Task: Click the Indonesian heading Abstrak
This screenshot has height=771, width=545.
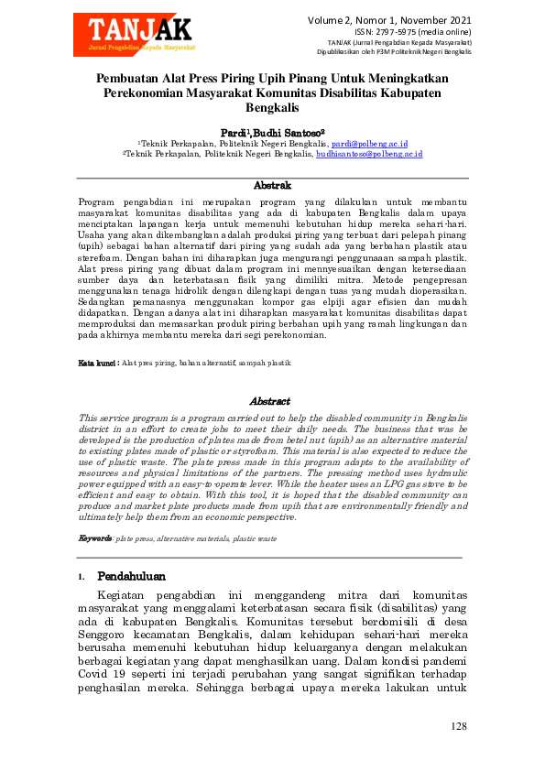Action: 272,186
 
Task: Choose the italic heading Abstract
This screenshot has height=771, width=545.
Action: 270,401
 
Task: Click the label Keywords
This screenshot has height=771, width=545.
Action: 94,538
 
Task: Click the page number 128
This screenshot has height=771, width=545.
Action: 459,726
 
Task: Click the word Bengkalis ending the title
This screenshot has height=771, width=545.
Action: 272,108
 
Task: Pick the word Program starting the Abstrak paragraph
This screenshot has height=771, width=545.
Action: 96,201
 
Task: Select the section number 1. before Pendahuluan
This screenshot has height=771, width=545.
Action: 82,578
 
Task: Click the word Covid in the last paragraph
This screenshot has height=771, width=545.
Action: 93,673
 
